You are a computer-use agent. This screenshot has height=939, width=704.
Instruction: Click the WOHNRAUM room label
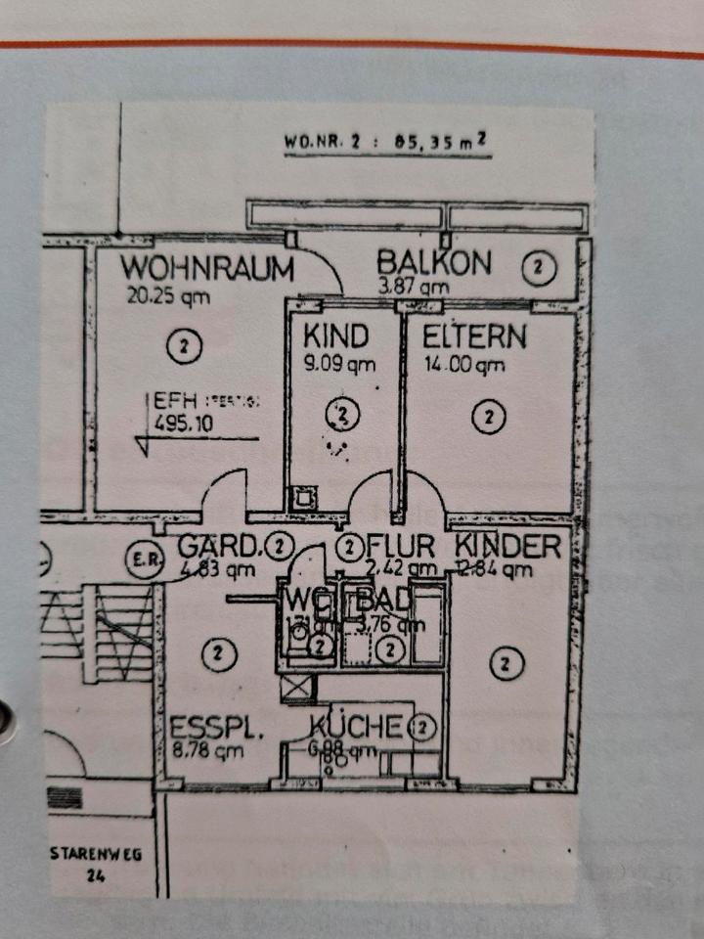click(207, 266)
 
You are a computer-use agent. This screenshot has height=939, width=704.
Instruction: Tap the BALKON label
click(434, 262)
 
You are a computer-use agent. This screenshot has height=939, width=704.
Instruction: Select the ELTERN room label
click(474, 336)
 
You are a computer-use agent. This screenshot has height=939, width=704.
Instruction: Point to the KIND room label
click(336, 336)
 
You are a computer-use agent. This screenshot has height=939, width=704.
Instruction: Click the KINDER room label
click(508, 546)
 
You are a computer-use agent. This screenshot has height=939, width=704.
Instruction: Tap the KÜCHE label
click(356, 727)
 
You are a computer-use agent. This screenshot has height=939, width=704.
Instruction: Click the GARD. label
click(219, 545)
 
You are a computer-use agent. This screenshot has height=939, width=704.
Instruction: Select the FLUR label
click(401, 545)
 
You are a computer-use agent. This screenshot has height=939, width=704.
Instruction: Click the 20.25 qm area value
click(168, 295)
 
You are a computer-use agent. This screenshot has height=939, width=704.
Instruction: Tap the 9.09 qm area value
click(339, 365)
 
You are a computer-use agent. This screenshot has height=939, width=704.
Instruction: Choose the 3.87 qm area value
click(414, 287)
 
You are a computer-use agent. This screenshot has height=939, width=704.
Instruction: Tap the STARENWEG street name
click(96, 853)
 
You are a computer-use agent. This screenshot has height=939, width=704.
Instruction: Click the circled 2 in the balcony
click(539, 267)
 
